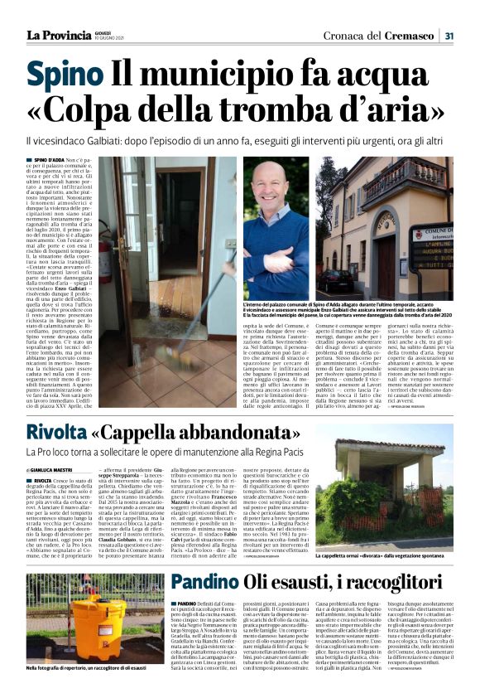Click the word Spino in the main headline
coord(65,75)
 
